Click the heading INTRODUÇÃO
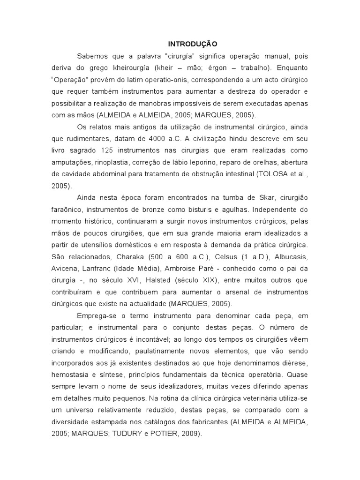(192, 44)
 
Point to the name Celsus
(227, 256)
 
